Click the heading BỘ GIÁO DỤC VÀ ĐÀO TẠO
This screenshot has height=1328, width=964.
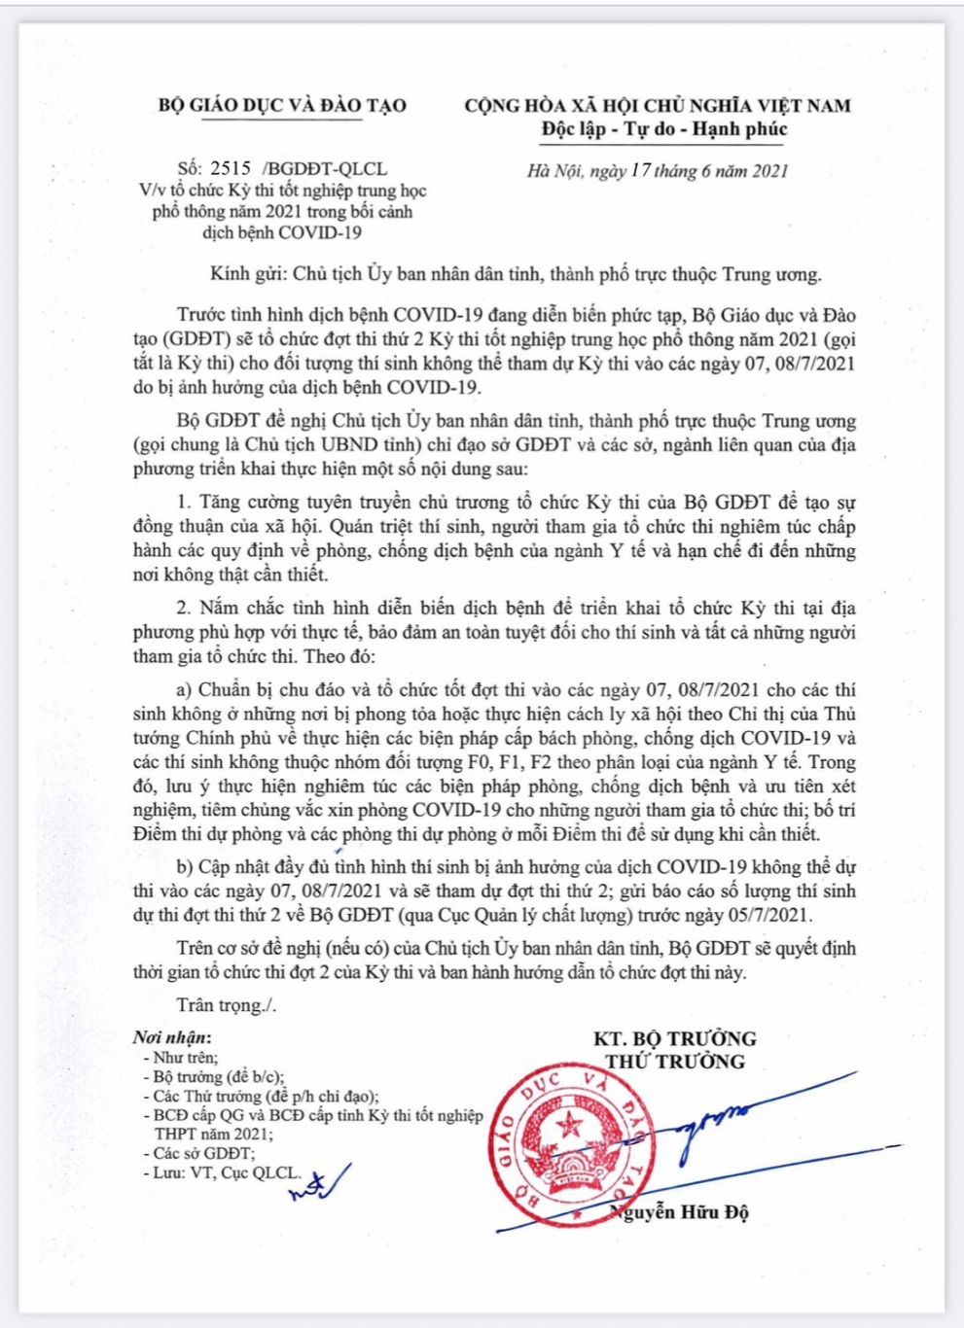[x=282, y=106]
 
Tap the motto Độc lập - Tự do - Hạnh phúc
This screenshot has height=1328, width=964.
[x=664, y=129]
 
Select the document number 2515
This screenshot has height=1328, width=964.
[x=230, y=168]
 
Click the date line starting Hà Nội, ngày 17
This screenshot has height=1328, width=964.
[x=658, y=171]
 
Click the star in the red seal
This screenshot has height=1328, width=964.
[x=568, y=1128]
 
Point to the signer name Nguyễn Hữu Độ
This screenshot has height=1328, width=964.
[x=681, y=1211]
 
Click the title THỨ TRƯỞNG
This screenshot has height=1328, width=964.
[x=675, y=1062]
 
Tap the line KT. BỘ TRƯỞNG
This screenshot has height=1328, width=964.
[x=675, y=1038]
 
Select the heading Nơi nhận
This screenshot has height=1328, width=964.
[x=172, y=1038]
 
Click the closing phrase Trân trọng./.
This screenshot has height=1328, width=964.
[x=227, y=1005]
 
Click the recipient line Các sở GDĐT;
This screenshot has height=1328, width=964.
[x=203, y=1153]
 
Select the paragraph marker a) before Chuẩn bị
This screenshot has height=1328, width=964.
[x=185, y=690]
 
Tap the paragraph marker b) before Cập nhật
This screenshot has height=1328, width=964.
[x=185, y=867]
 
